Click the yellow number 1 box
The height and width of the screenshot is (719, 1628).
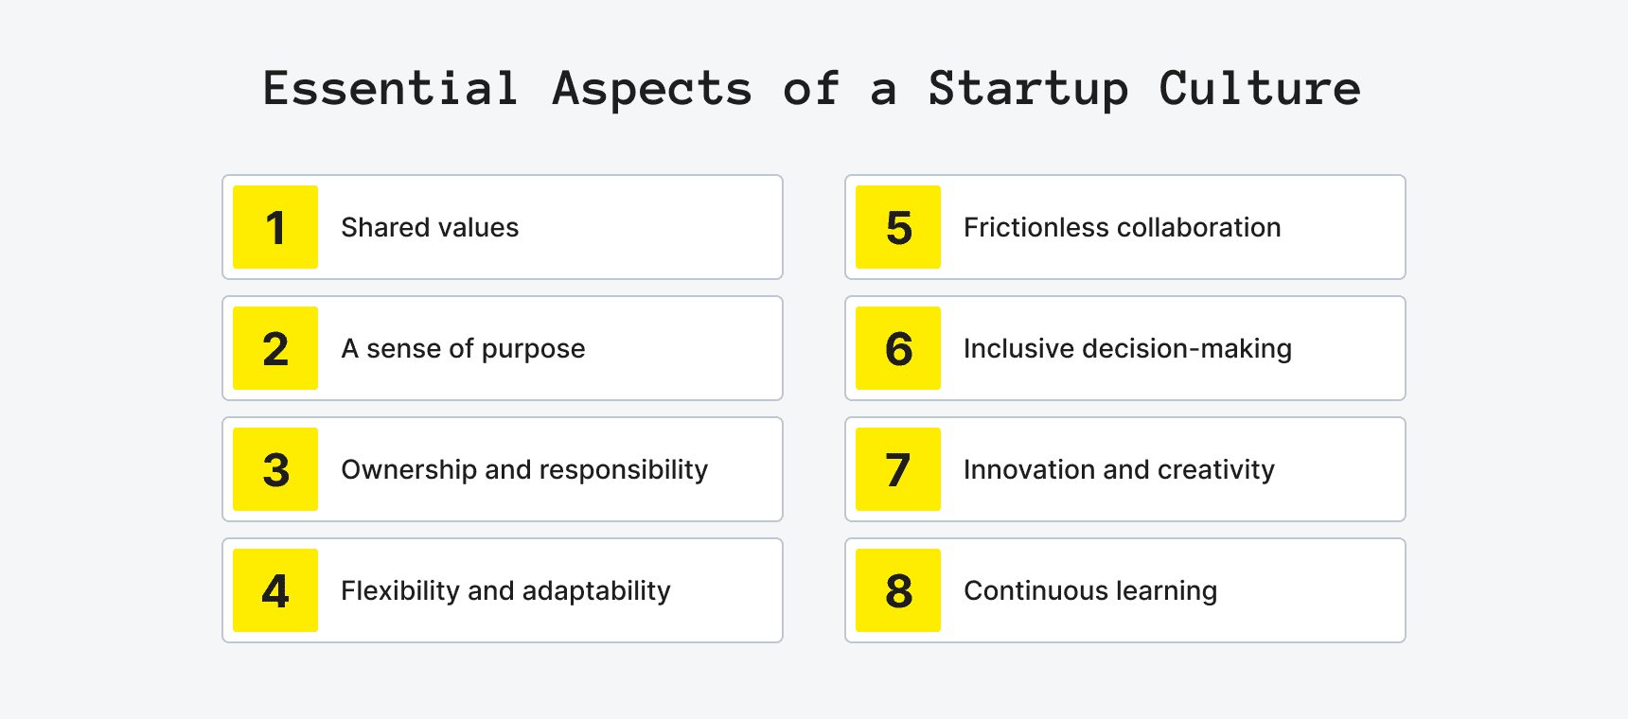coord(275,227)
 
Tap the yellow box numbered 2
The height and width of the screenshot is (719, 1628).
coord(275,348)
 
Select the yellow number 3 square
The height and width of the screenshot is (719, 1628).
coord(275,469)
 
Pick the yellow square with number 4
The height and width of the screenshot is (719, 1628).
coord(275,590)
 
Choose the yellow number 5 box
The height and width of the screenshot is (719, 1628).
coord(898,227)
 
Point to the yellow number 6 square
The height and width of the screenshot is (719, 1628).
coord(898,348)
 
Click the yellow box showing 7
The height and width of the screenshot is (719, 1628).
coord(898,469)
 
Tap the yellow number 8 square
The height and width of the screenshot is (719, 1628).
coord(898,590)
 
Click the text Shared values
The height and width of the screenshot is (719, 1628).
coord(430,228)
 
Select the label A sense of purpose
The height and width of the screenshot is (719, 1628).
coord(463,349)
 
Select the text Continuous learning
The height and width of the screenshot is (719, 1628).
coord(1090,591)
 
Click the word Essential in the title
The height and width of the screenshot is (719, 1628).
coord(391,89)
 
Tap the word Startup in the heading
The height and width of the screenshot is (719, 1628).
coord(1028,89)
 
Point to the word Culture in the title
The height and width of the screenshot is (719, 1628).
coord(1260,89)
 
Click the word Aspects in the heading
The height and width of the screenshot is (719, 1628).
coord(652,89)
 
